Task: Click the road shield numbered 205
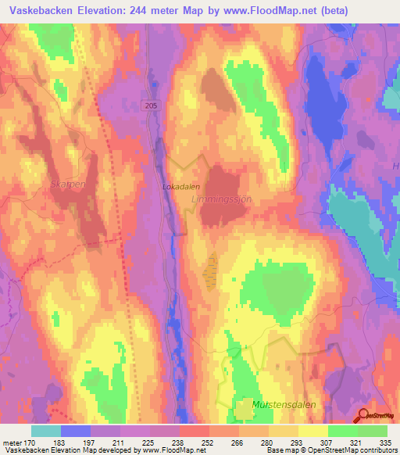152,104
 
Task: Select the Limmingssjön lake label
222,200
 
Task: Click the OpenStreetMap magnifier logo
363,416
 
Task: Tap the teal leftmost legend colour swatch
46,430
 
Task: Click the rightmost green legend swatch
373,430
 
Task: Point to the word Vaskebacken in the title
40,10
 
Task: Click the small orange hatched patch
209,270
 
